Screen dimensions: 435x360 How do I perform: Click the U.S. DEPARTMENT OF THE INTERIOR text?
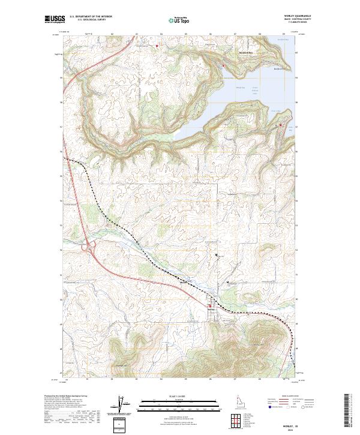[91, 16]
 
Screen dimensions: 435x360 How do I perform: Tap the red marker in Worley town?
[209, 307]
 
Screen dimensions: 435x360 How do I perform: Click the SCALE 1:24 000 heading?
[170, 395]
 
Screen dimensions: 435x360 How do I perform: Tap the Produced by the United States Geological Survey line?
[66, 396]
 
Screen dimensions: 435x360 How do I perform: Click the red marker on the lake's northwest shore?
[223, 65]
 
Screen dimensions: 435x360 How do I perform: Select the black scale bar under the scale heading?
[170, 403]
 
